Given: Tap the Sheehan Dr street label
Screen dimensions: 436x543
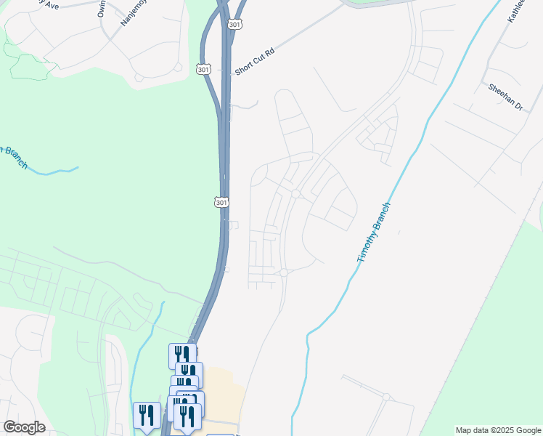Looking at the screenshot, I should tap(506, 96).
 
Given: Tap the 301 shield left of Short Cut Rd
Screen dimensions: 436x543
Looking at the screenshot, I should tap(203, 69).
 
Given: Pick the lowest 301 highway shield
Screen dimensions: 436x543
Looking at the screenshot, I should tap(222, 201).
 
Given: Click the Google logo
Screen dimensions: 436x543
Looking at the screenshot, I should tap(24, 427).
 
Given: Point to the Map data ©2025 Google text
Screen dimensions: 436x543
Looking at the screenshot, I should tap(498, 430).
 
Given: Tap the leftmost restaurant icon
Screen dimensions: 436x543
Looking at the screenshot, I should tap(147, 416).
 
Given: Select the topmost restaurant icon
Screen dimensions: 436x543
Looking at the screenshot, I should tap(181, 355).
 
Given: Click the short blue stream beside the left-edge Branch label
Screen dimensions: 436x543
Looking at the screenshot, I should tap(54, 172).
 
